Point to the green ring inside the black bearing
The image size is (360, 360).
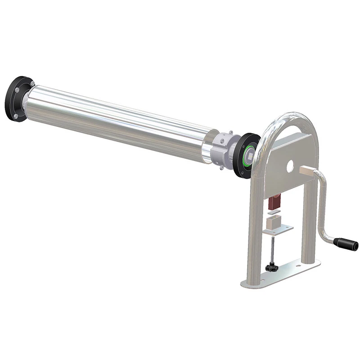click(249, 155)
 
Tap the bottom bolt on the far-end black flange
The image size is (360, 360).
click(16, 116)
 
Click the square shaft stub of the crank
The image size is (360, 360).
click(309, 171)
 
